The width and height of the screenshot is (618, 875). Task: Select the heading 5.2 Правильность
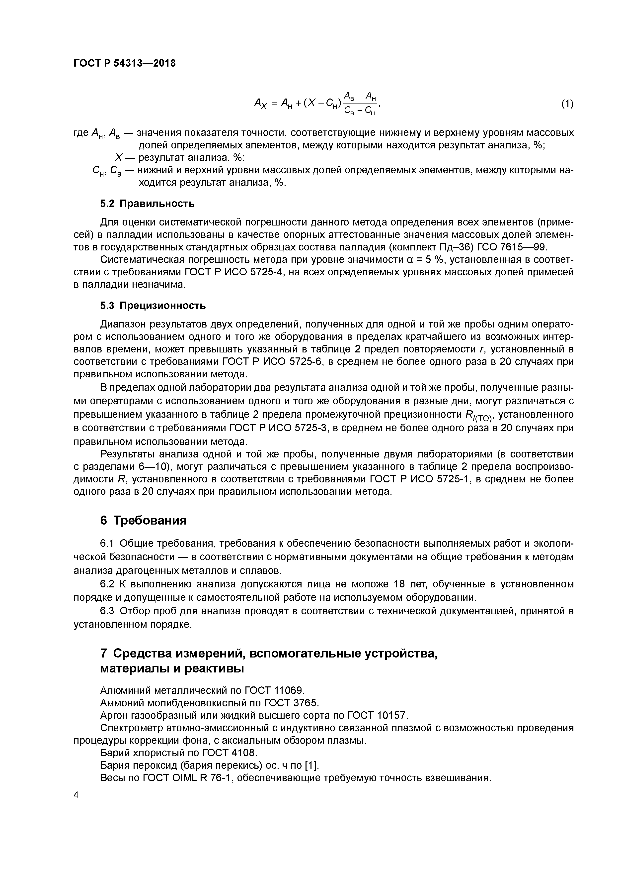pyautogui.click(x=147, y=204)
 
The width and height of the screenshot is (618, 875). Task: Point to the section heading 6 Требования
pyautogui.click(x=143, y=520)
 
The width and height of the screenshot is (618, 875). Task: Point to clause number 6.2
pyautogui.click(x=107, y=584)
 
